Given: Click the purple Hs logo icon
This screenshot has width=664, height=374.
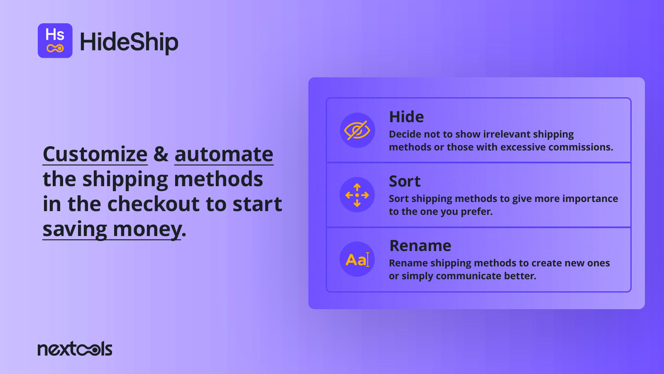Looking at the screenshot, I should (x=55, y=41).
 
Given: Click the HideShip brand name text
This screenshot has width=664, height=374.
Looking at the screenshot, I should (x=129, y=42).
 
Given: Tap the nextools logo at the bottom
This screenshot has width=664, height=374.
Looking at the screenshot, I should (x=75, y=349).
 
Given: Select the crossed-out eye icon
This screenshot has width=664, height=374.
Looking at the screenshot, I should (x=357, y=130).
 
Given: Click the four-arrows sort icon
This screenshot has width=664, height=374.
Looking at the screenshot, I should (x=357, y=195).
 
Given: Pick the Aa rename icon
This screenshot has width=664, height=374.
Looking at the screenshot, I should (x=357, y=259).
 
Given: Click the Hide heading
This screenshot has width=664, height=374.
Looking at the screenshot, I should (x=406, y=117).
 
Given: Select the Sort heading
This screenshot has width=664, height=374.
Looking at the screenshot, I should (x=405, y=181).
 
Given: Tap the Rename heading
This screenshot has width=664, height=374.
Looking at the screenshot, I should (x=420, y=246).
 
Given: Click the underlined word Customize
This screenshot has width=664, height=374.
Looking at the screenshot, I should (x=95, y=154).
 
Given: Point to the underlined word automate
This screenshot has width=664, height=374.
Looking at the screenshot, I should (x=224, y=154).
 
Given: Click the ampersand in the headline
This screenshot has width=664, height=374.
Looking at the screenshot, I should (x=161, y=154).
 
